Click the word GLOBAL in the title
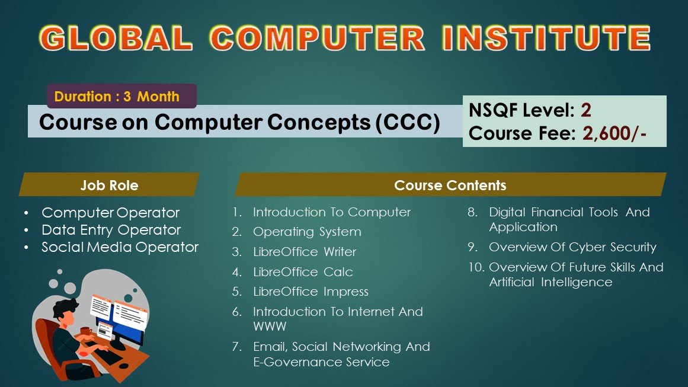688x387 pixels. (116, 38)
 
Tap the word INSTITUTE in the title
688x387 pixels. (546, 38)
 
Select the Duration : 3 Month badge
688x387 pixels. (121, 96)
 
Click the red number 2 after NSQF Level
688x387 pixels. (585, 110)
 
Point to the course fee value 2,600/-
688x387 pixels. (615, 133)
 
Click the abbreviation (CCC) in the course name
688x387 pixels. (408, 122)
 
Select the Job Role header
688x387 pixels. (109, 185)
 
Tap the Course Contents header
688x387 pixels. (450, 185)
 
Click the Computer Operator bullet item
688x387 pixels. (111, 213)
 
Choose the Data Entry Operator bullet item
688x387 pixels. (111, 230)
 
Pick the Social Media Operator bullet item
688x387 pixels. (120, 247)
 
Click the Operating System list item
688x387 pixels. (307, 232)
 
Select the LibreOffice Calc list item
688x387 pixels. (303, 271)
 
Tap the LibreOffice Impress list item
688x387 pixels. (311, 292)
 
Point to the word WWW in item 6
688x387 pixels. (270, 327)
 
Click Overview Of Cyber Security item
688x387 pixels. (572, 248)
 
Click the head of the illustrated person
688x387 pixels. (66, 312)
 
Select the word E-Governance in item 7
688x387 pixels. (298, 362)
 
